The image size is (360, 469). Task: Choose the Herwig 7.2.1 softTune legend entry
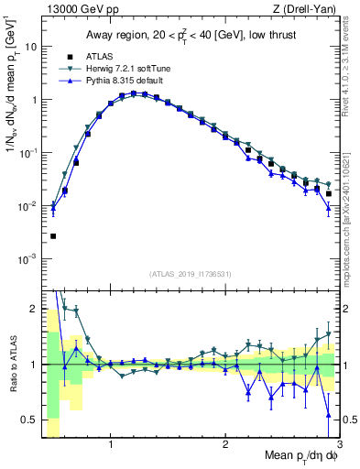tap(128, 69)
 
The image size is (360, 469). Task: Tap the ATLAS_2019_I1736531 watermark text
tap(191, 273)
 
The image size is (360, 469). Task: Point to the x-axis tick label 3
tap(339, 445)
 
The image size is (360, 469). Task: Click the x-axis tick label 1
tap(111, 445)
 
